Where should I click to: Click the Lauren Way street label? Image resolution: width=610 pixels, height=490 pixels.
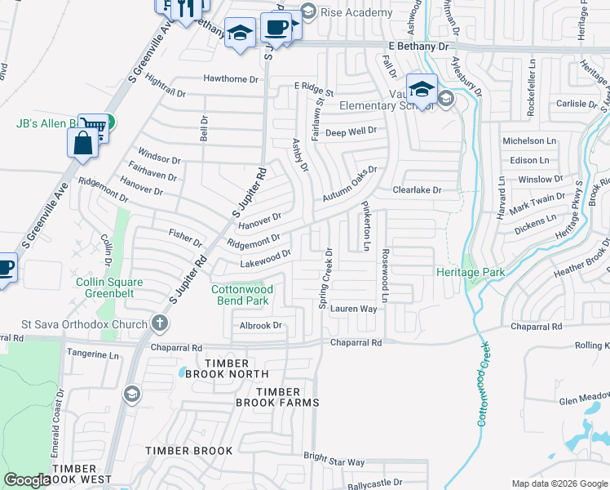[x=352, y=310]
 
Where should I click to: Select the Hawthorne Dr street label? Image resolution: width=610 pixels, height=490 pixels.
[x=231, y=79]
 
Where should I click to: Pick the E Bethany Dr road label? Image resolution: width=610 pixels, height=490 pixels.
[x=419, y=47]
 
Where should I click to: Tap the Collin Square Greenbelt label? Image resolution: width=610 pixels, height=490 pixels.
[x=109, y=288]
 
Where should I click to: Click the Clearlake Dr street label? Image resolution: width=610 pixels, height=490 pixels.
[x=417, y=189]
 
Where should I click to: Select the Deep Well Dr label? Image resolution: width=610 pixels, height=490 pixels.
[x=351, y=131]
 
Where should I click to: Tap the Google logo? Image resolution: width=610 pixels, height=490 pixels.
[x=27, y=480]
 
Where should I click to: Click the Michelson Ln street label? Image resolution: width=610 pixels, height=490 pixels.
[x=528, y=141]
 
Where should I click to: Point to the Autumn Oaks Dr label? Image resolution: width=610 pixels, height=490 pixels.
[x=349, y=184]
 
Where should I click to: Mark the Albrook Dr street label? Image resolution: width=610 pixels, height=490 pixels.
[x=260, y=325]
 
